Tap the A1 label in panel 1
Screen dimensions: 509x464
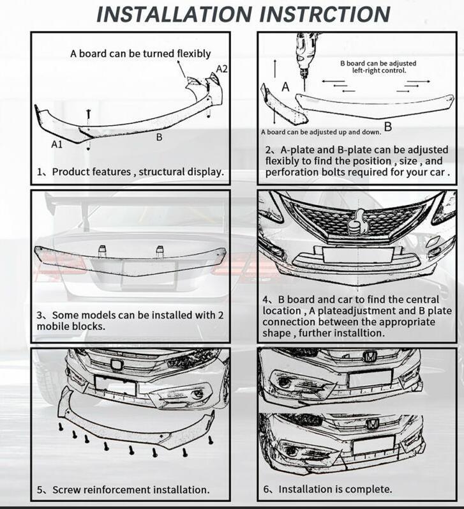pos(57,144)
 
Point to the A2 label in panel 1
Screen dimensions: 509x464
pos(221,68)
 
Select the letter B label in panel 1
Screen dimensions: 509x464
pos(159,137)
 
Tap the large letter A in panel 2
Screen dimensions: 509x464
pos(285,86)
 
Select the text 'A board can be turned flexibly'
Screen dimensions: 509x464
pos(140,54)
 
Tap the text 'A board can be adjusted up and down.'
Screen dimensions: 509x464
pos(320,132)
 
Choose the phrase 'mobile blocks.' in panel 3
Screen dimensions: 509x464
pos(70,326)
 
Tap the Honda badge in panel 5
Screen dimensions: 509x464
pos(116,365)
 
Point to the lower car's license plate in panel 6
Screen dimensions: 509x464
pos(372,444)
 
